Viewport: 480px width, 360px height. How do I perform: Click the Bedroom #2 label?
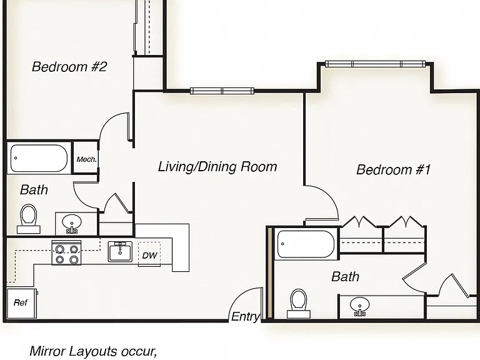tap(69, 67)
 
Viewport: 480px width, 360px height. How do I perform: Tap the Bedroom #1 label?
tap(393, 169)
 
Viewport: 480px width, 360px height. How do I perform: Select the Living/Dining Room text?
tap(217, 167)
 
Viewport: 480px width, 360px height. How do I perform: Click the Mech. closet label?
tap(87, 159)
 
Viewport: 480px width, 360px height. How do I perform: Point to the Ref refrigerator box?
tap(21, 304)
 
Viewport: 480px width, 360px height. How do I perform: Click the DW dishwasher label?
tap(150, 255)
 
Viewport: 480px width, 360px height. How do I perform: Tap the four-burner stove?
tap(66, 252)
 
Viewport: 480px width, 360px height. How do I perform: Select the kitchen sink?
tap(120, 252)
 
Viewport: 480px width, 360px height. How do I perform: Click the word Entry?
tap(246, 316)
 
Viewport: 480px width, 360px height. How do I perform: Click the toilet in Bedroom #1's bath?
tap(299, 303)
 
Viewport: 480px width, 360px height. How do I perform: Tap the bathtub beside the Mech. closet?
tap(39, 158)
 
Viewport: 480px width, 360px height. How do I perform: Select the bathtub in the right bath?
tap(306, 244)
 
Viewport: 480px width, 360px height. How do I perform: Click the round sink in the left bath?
tap(72, 222)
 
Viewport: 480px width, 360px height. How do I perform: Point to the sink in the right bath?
tap(360, 307)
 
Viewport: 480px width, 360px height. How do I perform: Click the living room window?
tap(222, 91)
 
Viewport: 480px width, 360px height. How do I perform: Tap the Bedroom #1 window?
tap(375, 64)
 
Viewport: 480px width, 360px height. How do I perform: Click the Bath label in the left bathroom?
tap(34, 190)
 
